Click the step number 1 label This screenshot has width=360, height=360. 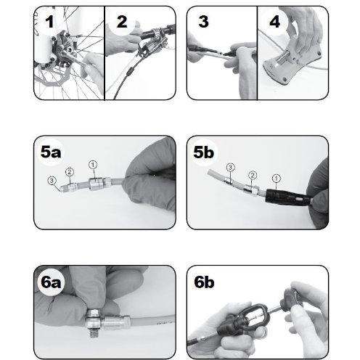tap(49, 22)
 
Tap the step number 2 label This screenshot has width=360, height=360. tap(122, 22)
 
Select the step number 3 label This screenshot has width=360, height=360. tap(203, 22)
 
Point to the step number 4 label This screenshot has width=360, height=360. tap(275, 22)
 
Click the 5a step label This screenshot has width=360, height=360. tap(51, 152)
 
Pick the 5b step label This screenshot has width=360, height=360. tap(203, 152)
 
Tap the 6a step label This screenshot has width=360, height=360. tap(51, 282)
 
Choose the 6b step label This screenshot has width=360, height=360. tap(204, 282)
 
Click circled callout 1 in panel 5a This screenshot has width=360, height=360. tap(93, 165)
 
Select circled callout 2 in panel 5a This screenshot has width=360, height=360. tap(70, 172)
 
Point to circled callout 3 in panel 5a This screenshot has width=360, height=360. tap(52, 181)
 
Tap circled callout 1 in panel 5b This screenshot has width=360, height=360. tap(277, 179)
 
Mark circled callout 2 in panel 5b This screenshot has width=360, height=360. tap(253, 175)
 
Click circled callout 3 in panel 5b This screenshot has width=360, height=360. tap(230, 168)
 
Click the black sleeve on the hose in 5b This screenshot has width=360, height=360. tap(288, 197)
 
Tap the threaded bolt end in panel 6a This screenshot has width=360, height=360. tap(94, 334)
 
